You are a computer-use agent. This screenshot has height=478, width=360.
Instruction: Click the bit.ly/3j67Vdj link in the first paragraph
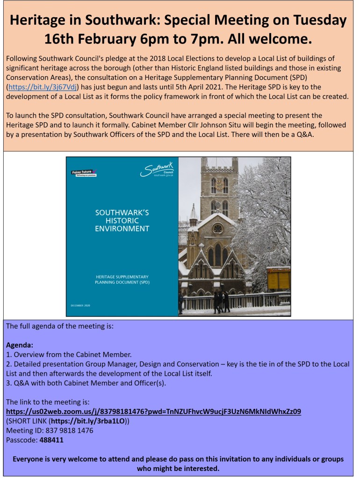(43, 86)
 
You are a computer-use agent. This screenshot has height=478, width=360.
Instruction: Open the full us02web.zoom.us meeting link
(153, 411)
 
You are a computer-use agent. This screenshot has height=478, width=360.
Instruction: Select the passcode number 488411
(51, 440)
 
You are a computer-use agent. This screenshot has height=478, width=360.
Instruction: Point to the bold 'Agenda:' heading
(20, 345)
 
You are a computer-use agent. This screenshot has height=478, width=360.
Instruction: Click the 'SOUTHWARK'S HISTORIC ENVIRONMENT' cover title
(122, 221)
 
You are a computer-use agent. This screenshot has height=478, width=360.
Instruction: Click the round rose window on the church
(217, 228)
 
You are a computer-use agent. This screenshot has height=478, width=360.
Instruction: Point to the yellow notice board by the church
(279, 278)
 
